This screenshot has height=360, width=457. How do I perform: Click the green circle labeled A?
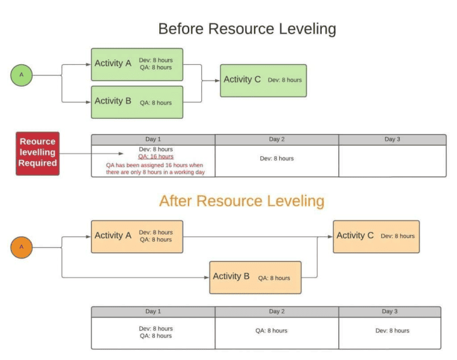(22, 75)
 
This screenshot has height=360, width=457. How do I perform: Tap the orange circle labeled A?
(22, 247)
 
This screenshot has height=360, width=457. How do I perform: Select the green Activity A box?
(136, 64)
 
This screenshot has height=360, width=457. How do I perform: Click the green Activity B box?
(136, 102)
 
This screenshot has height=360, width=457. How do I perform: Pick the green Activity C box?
(263, 80)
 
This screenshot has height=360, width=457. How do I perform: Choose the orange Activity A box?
(136, 236)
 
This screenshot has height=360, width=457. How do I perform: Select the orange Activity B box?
(255, 277)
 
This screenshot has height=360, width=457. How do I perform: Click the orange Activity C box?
(376, 236)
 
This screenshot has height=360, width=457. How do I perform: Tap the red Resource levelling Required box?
(37, 152)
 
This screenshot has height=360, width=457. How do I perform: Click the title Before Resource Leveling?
(247, 29)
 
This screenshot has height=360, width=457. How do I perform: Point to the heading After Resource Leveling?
(241, 201)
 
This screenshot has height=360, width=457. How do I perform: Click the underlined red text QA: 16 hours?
(156, 156)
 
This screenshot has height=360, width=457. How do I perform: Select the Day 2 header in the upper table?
(276, 139)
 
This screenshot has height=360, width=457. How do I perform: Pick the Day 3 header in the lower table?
(389, 312)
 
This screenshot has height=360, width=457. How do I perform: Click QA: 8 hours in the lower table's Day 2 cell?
(271, 331)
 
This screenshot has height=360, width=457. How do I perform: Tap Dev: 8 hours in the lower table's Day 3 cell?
(392, 331)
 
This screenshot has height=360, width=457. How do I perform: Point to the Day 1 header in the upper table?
(153, 139)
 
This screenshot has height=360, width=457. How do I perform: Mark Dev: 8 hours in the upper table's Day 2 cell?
(277, 159)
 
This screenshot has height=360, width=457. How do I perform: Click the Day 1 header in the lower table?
(153, 312)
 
